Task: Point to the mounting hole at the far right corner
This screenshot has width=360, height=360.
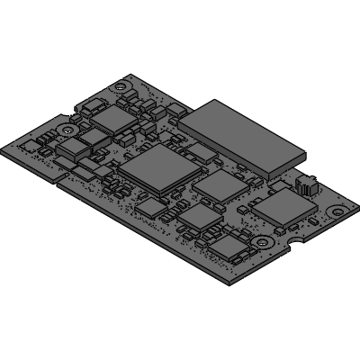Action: pyautogui.click(x=336, y=212)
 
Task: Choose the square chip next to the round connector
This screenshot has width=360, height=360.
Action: pyautogui.click(x=280, y=206)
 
